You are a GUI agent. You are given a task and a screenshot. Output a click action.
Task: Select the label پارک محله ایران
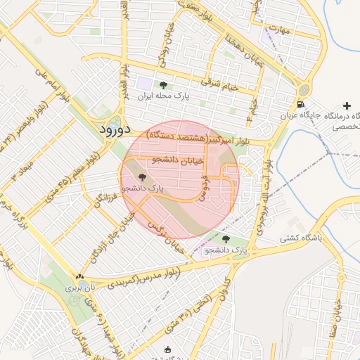coord(165,96)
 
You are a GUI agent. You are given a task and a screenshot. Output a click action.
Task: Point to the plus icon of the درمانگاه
coord(346,105)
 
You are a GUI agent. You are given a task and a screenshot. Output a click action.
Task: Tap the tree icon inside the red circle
coord(143,179)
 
